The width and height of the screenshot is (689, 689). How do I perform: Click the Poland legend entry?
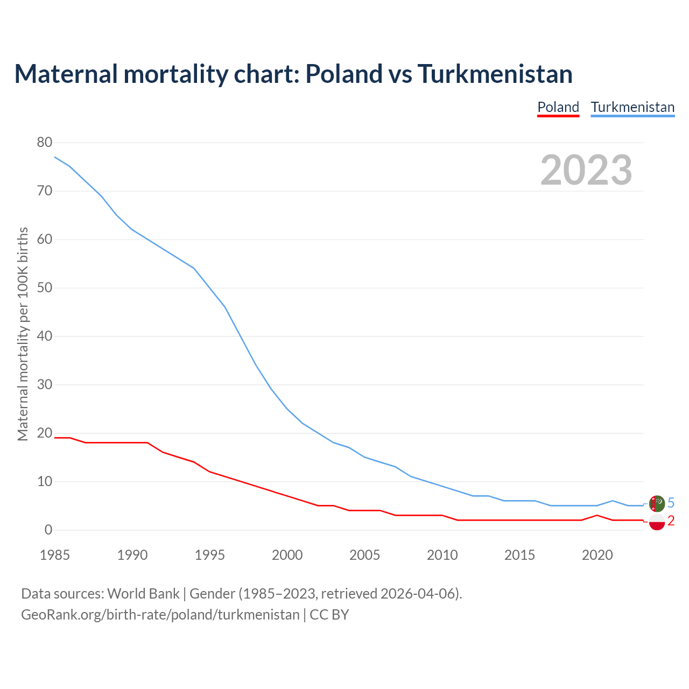pyautogui.click(x=558, y=107)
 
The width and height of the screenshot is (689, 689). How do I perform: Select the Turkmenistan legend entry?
pyautogui.click(x=632, y=107)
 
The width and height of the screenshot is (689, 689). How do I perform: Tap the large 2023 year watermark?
pyautogui.click(x=586, y=170)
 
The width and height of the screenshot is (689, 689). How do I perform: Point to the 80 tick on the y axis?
pyautogui.click(x=45, y=143)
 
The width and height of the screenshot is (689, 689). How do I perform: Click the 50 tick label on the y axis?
pyautogui.click(x=45, y=288)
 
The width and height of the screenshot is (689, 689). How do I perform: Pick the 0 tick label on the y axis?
pyautogui.click(x=48, y=530)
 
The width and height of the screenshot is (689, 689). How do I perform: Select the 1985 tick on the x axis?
pyautogui.click(x=55, y=555)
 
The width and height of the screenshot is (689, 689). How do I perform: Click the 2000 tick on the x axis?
pyautogui.click(x=287, y=555)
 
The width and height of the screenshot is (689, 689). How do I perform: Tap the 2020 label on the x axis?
pyautogui.click(x=597, y=555)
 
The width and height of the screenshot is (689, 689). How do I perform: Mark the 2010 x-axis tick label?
pyautogui.click(x=442, y=555)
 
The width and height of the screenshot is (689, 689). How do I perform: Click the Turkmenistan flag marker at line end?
pyautogui.click(x=657, y=503)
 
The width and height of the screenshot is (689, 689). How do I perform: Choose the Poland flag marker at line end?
pyautogui.click(x=657, y=521)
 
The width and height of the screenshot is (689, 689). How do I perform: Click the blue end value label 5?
pyautogui.click(x=671, y=503)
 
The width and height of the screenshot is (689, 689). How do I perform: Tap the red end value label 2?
pyautogui.click(x=671, y=521)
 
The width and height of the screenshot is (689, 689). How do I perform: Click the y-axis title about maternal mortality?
pyautogui.click(x=23, y=334)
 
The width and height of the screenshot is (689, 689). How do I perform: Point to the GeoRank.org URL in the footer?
pyautogui.click(x=160, y=614)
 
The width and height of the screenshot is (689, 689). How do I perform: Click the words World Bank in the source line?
pyautogui.click(x=143, y=594)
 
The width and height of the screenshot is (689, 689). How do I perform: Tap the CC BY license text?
pyautogui.click(x=329, y=614)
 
